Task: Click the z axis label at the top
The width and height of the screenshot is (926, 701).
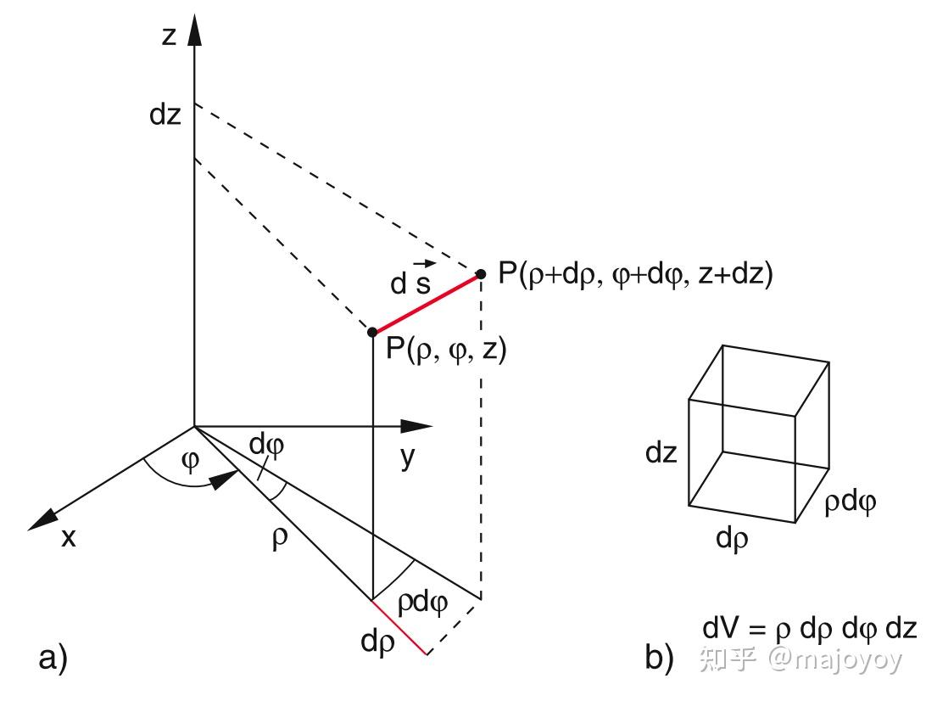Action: (170, 35)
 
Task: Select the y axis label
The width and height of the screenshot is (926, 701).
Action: (408, 457)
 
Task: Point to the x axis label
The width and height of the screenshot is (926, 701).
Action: (68, 536)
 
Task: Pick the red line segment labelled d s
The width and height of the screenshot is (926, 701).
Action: (427, 303)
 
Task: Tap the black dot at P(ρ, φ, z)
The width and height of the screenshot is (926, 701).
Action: (372, 331)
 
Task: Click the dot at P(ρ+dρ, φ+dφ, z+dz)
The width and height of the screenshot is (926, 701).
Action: (481, 274)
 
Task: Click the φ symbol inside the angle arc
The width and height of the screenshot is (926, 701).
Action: (192, 461)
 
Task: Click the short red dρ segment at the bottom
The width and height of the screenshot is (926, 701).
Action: (399, 627)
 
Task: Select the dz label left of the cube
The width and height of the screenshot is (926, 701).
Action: (661, 452)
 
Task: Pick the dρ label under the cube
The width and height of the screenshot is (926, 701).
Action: (732, 538)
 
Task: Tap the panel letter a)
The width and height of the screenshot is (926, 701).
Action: (53, 659)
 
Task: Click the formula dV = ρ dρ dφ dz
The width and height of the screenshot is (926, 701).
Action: (810, 629)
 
